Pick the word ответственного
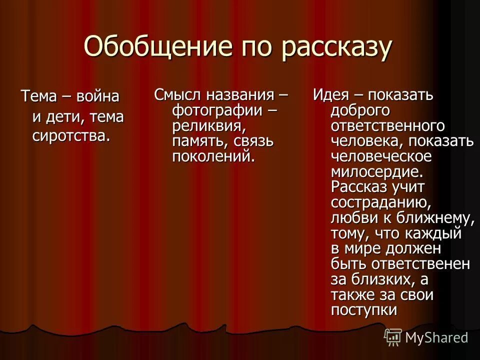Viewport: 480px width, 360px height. pos(387,125)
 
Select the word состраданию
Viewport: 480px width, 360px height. pos(380,202)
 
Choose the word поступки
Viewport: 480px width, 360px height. pos(363,310)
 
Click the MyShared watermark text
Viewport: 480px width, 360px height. pos(436,337)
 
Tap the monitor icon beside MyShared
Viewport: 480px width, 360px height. pos(392,337)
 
